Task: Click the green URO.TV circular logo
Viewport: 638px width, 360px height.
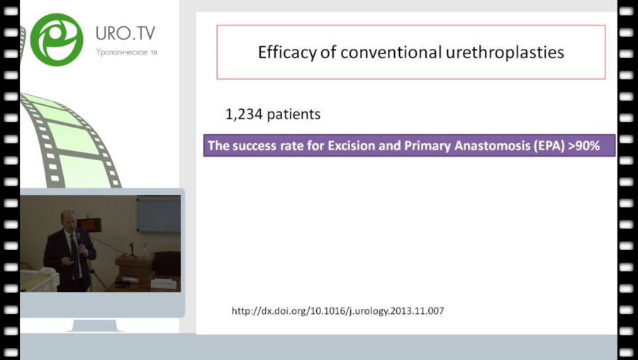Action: point(57,40)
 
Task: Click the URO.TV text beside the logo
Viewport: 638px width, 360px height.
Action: point(125,33)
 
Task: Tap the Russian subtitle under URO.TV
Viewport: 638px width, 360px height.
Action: point(127,52)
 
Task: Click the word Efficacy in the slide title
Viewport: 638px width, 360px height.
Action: point(287,52)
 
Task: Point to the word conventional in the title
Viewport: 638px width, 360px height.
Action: point(391,52)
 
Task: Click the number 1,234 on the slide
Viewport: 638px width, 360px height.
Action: point(244,114)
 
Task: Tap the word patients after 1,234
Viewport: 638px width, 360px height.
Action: point(293,115)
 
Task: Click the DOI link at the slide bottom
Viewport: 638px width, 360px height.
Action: point(337,311)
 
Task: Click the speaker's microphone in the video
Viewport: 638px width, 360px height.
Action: point(79,237)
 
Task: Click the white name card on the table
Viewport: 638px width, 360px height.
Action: point(163,283)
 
